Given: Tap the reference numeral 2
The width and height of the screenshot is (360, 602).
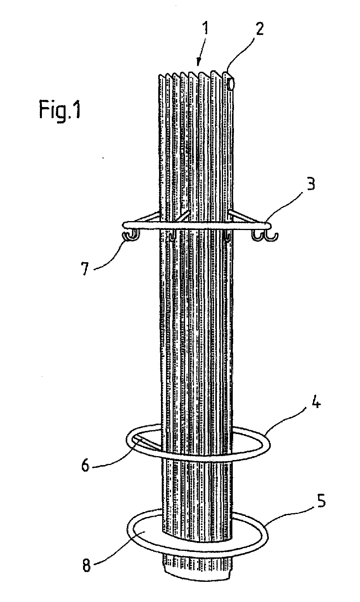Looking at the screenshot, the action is pos(259,29).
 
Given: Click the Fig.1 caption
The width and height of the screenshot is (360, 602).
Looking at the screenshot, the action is pos(60,110).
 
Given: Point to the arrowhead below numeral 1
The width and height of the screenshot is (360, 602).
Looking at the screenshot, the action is pos(198,63).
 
